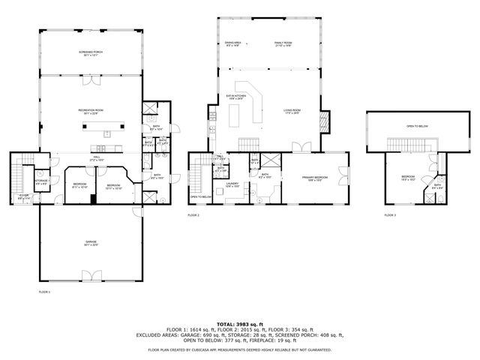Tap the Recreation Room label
point(90,112)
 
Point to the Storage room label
point(42,181)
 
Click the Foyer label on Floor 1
point(24,197)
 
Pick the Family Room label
point(283,44)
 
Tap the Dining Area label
point(233,44)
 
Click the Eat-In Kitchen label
point(237,97)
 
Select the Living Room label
point(292,112)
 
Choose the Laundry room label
point(232,184)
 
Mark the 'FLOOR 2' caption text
point(193,215)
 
